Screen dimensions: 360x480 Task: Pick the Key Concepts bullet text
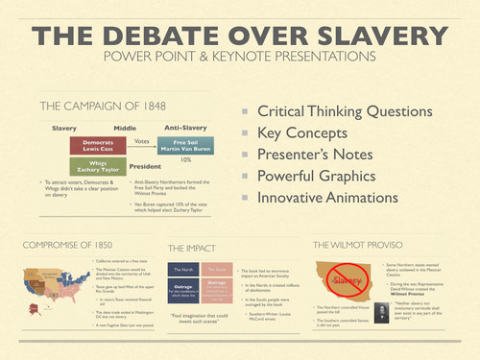pos(305,132)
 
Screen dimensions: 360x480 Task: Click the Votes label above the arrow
pos(141,139)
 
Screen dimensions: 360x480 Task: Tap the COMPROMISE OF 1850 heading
pos(68,244)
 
